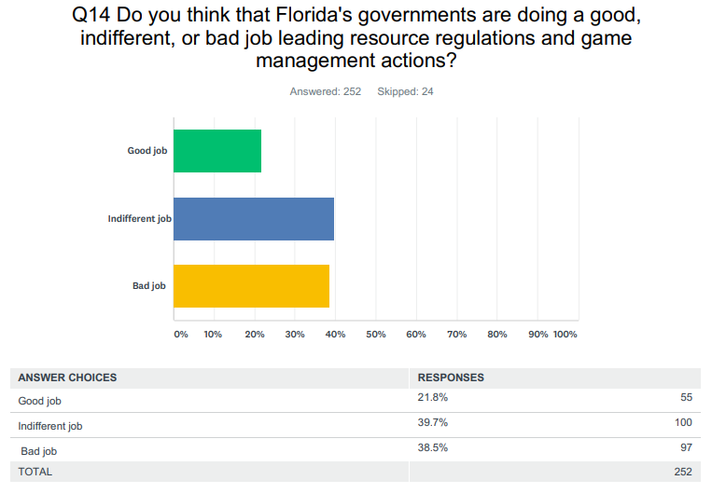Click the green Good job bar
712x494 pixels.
217,151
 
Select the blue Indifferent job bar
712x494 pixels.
254,219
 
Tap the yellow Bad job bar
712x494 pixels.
251,286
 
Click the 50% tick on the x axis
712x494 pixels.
375,334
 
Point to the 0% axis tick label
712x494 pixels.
180,334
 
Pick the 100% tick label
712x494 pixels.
565,334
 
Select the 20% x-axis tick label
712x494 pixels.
253,334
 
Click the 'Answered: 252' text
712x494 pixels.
325,91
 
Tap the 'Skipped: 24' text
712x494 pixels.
405,91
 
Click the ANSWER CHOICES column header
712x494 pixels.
67,377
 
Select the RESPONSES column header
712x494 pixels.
450,377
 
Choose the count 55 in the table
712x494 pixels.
686,397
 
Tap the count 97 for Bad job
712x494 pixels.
686,447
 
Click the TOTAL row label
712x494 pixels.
35,472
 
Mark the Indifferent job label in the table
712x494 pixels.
50,426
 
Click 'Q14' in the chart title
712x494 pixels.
91,16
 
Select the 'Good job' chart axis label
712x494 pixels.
147,151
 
